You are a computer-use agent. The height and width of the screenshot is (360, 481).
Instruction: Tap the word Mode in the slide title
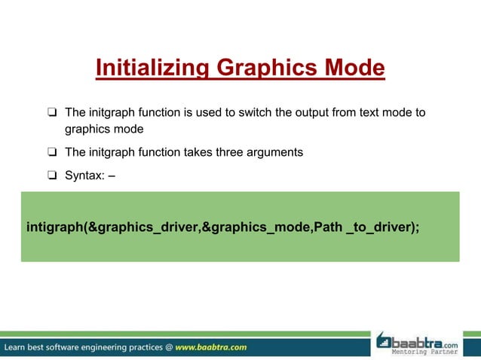pos(352,69)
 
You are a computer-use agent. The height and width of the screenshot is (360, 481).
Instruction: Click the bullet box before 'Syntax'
pos(52,176)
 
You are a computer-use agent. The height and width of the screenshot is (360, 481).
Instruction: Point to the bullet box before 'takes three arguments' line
pos(52,152)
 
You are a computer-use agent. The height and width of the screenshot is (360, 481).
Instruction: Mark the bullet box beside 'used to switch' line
pos(52,113)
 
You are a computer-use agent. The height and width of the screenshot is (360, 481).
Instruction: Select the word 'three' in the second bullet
pos(232,152)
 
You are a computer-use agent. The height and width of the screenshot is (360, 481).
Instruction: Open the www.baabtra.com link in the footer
pos(211,347)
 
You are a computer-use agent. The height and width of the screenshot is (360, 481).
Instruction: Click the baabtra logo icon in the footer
pos(385,340)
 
